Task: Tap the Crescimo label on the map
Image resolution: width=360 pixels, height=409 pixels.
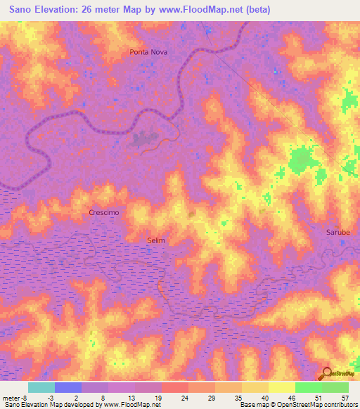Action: (x=103, y=212)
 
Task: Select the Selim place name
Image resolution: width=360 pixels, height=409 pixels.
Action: (x=156, y=240)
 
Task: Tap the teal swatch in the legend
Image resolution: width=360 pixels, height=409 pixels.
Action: (x=41, y=387)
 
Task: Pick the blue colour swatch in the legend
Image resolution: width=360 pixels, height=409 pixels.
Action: (x=68, y=387)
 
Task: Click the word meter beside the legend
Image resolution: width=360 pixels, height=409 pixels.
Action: (x=13, y=397)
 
